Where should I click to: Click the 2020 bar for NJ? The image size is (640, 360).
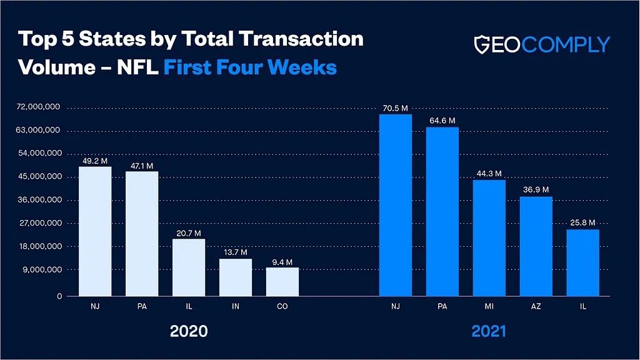click(95, 231)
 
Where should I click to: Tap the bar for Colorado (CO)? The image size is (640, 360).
click(282, 282)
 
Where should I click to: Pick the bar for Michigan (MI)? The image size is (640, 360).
click(489, 238)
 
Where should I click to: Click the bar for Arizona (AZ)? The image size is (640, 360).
click(536, 246)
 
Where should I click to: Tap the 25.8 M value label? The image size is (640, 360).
click(583, 223)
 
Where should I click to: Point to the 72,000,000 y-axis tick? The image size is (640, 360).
click(38, 107)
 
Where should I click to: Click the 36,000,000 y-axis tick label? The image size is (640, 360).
click(38, 200)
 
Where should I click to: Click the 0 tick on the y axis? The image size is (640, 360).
click(59, 296)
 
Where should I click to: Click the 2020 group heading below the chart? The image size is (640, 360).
click(189, 331)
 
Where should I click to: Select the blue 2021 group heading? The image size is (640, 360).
click(489, 331)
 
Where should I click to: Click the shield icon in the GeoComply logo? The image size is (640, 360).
click(481, 44)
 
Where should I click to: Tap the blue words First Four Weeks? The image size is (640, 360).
click(250, 66)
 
